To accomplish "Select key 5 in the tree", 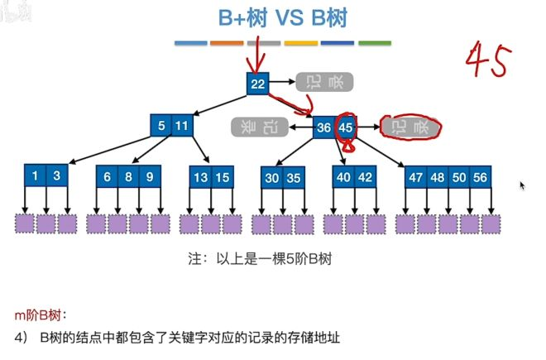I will click(162, 127).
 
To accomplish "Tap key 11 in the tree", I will click(183, 127).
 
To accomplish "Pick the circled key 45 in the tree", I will click(346, 127).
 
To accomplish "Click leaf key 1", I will click(35, 176).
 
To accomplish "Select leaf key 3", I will click(56, 176).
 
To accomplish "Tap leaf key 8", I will click(128, 176).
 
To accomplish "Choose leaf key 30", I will click(273, 176).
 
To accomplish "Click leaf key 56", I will click(480, 176).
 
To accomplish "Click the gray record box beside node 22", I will click(325, 81).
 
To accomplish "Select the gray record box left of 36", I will click(259, 127).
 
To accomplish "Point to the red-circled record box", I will click(409, 127).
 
